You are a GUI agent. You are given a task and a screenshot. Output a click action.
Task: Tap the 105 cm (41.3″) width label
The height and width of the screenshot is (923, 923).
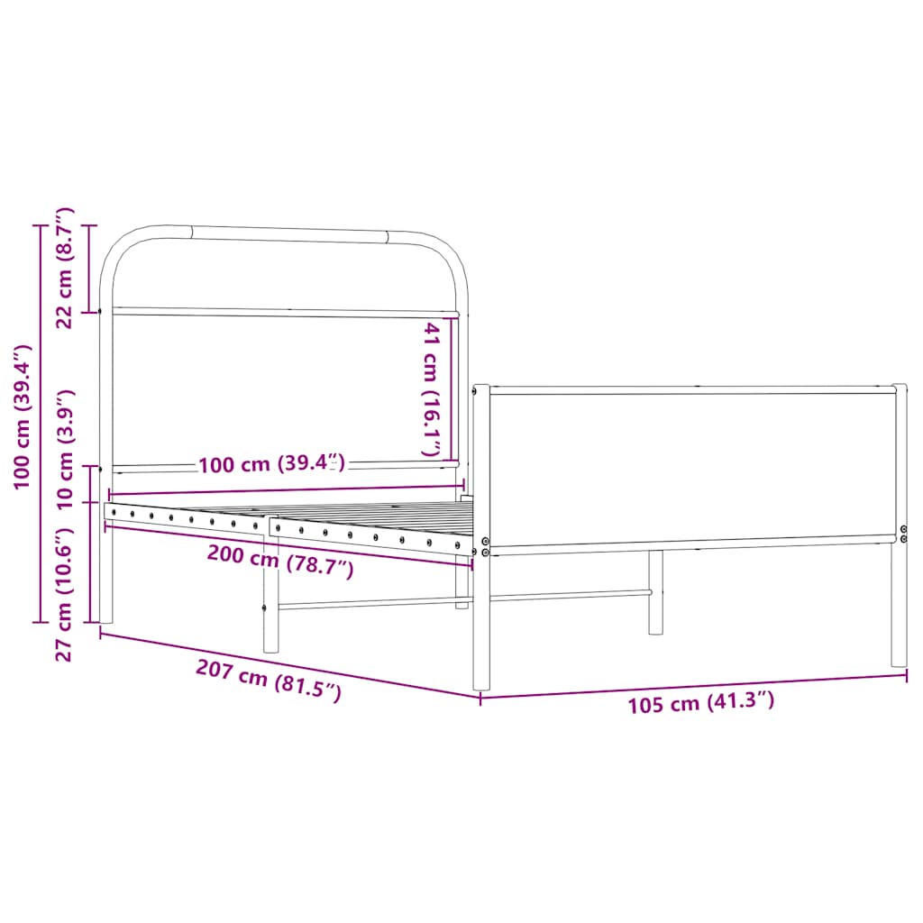coord(700,702)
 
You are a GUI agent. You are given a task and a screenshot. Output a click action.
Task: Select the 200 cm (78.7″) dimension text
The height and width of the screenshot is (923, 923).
coord(279,562)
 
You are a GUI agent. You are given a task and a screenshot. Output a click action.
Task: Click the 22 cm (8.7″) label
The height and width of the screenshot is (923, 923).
coord(65,268)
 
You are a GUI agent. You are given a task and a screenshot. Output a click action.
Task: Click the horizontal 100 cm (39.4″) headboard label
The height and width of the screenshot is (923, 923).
coord(271,465)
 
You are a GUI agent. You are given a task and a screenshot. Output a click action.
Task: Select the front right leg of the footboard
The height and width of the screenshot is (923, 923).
coord(899,604)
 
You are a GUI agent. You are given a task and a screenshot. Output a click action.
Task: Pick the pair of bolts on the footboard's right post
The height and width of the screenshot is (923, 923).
coord(904,534)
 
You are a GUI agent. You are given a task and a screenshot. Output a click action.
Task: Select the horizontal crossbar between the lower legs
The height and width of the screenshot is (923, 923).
coord(460,599)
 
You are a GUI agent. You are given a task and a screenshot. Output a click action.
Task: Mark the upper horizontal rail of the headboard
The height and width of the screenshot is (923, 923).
coord(284,313)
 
